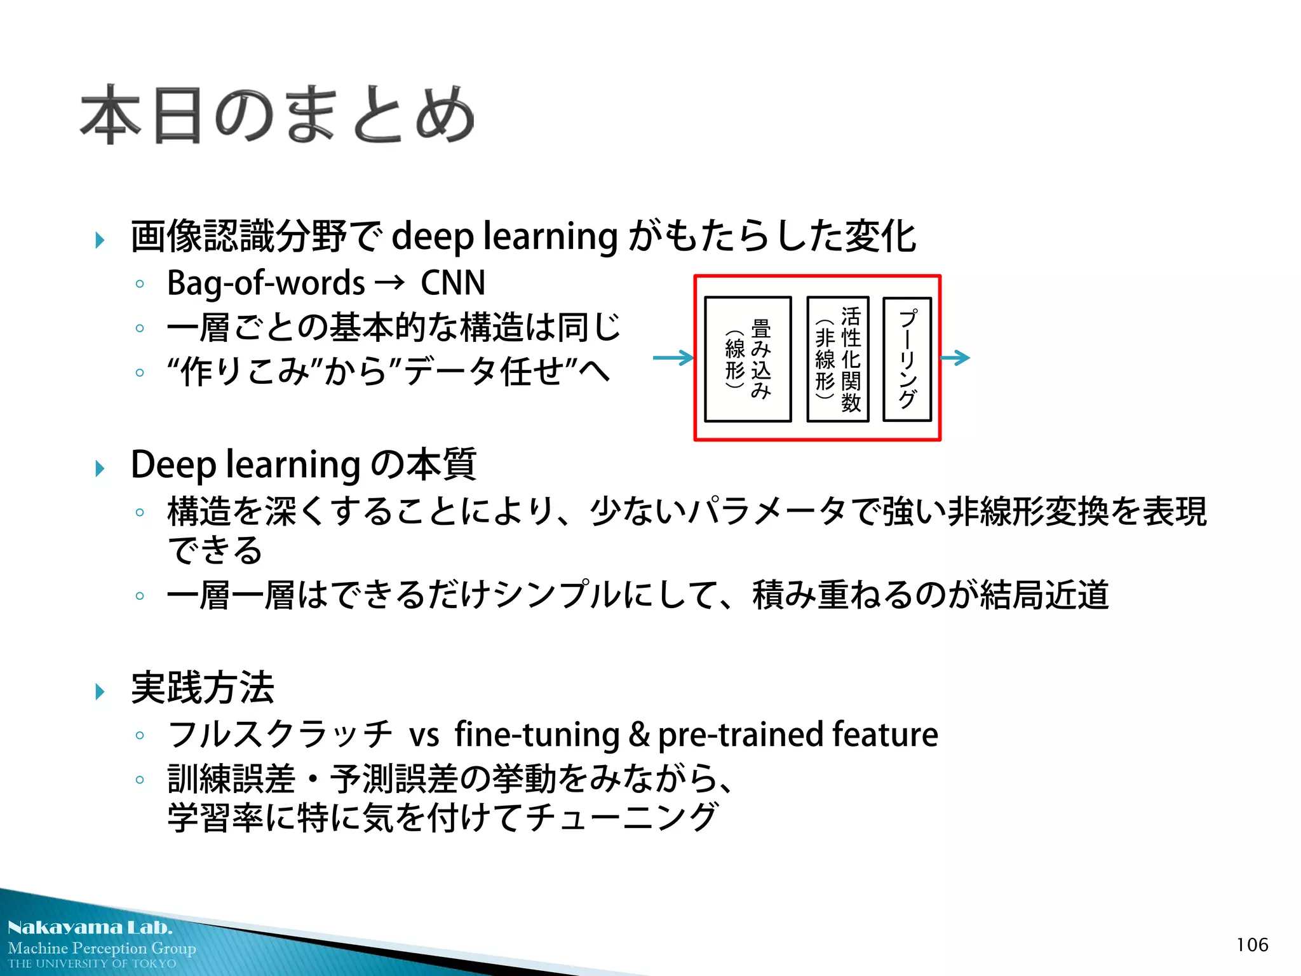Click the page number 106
tap(1251, 945)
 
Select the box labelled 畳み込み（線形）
tap(748, 359)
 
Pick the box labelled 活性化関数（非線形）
tap(837, 359)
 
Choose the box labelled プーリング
tap(907, 359)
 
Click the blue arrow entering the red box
tap(673, 358)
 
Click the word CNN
tap(453, 283)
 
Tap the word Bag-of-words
tap(266, 283)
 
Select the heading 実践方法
tap(202, 688)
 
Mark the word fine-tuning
tap(537, 735)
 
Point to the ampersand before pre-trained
tap(638, 735)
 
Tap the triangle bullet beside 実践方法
tap(100, 691)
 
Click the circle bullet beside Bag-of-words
tap(140, 284)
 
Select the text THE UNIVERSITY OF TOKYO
tap(92, 963)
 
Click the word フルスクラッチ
tap(280, 735)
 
